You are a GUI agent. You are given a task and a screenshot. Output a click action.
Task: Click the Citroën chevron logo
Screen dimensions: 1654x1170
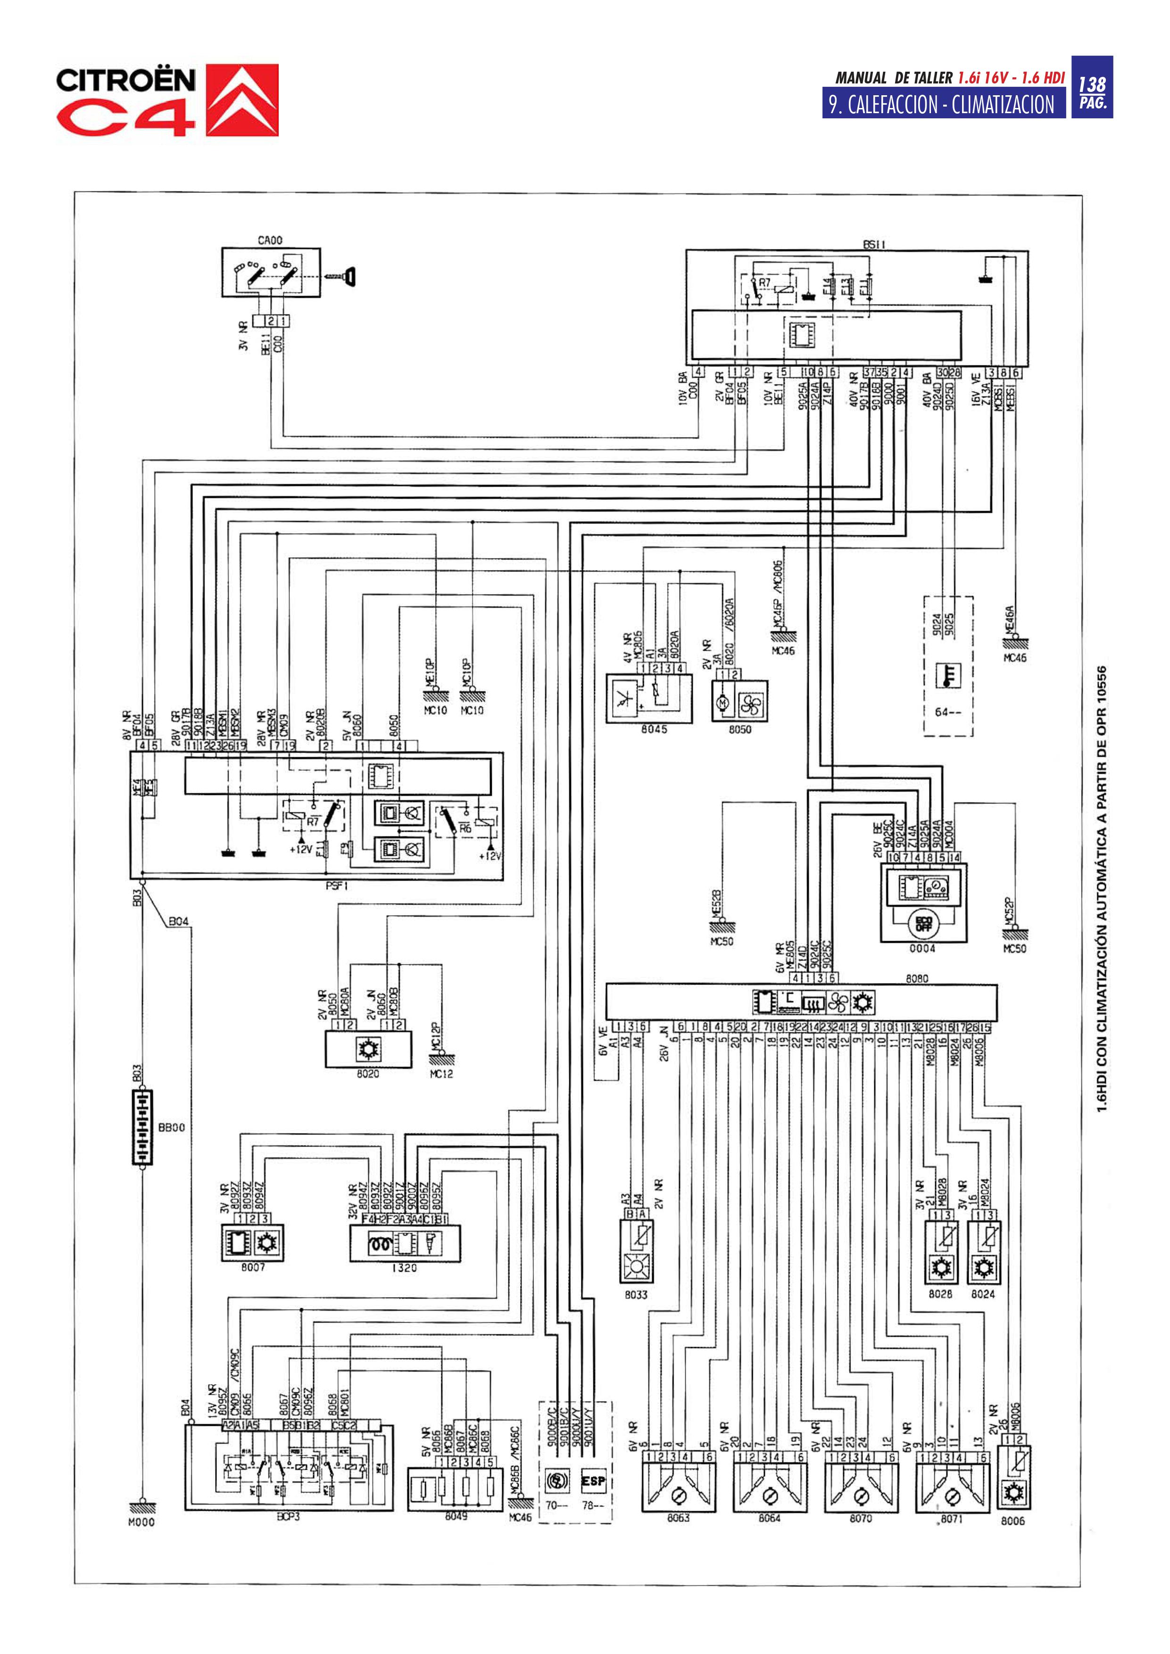(x=242, y=100)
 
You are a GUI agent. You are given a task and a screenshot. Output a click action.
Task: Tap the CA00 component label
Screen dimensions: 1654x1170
(x=269, y=241)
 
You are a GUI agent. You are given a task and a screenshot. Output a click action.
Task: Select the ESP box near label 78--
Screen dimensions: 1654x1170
(x=593, y=1482)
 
